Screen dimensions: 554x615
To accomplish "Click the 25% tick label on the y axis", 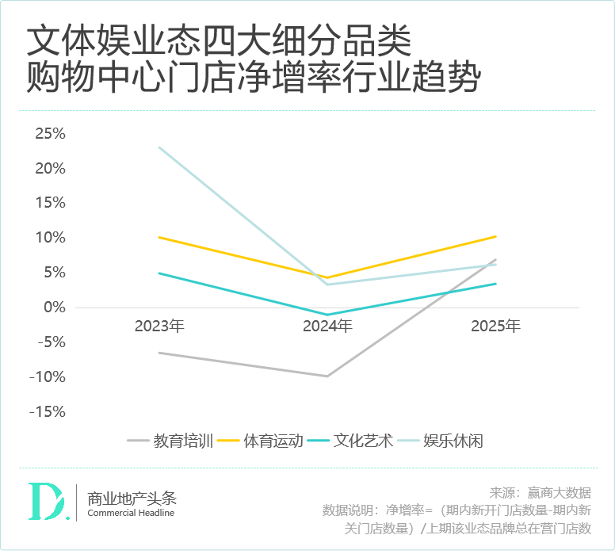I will (x=50, y=134).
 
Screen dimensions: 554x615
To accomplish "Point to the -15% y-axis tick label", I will (x=47, y=412).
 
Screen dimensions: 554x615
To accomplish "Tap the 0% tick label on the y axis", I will (x=54, y=308).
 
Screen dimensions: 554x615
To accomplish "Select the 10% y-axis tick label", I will (x=50, y=238).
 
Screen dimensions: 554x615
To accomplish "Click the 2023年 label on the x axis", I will (x=159, y=327).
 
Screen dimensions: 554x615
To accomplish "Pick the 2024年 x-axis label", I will (x=327, y=327).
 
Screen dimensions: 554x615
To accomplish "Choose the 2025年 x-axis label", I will (x=495, y=327).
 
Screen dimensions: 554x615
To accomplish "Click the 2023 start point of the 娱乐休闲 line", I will (x=159, y=147).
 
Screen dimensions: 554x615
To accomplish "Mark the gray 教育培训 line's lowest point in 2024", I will (x=327, y=376).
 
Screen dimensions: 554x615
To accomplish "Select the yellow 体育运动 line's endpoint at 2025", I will (x=495, y=236).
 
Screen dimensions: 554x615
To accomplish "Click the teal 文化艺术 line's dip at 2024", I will (x=327, y=315).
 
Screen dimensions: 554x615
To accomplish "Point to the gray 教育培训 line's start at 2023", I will (x=159, y=353).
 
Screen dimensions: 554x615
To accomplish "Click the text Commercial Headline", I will (x=131, y=514).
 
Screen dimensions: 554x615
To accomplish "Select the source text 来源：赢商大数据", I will (x=541, y=492).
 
